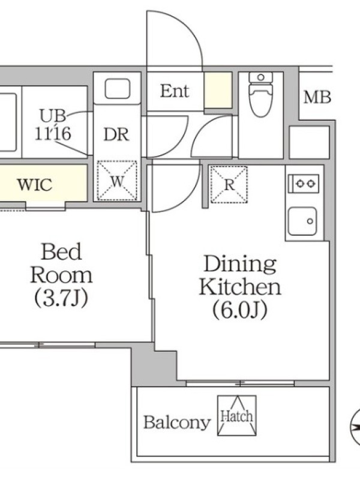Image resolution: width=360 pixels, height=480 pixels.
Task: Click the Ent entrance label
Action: coord(175,91)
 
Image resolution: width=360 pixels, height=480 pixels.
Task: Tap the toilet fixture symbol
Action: coord(261,94)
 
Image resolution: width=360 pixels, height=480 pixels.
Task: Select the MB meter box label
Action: coord(317,97)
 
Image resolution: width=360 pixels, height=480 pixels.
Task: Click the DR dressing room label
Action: coord(116,134)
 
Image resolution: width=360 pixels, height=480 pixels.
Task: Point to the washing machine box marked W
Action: coord(117,181)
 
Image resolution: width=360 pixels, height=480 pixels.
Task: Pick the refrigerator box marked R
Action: coord(229,185)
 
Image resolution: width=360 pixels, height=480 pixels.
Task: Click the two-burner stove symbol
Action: coord(304,184)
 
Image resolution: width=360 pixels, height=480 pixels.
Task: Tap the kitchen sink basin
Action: coord(302,221)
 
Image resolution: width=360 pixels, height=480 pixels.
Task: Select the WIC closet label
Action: coord(35,185)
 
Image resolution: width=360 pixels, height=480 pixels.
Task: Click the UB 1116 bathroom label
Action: coord(53,125)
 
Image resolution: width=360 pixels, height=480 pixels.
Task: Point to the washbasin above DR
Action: coord(118,88)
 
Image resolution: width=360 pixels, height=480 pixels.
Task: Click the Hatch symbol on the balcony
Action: coord(237,415)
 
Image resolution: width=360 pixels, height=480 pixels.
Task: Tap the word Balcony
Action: coord(177,422)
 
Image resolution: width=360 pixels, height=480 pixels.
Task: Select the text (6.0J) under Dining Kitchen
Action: coord(239,310)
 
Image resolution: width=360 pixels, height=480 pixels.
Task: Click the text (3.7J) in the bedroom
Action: coord(61,298)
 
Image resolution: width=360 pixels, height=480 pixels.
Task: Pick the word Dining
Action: coord(240,264)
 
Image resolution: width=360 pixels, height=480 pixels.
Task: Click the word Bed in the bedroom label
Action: coord(61,251)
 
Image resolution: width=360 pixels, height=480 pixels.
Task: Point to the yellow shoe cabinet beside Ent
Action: coord(218,90)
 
